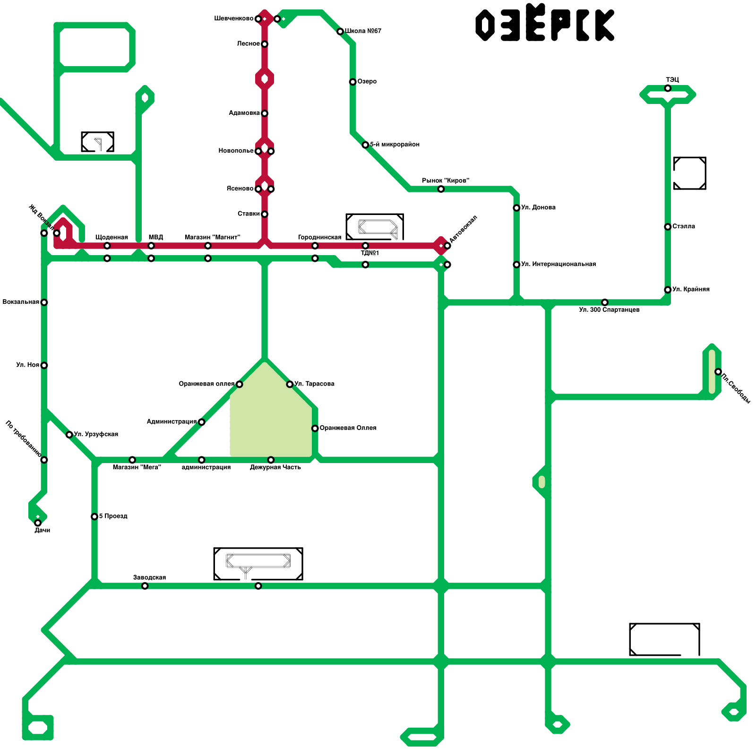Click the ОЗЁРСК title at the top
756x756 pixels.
[544, 24]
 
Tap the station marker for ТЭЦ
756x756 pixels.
[668, 88]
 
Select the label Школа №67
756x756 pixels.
[363, 31]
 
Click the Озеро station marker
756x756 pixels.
[352, 82]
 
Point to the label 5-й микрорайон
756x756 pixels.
[395, 145]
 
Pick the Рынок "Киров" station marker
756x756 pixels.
[441, 189]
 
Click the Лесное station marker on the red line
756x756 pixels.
[265, 44]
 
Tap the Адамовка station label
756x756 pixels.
[244, 113]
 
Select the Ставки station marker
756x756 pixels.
[265, 214]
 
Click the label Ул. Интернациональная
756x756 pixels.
[558, 264]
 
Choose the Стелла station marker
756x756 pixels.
[668, 227]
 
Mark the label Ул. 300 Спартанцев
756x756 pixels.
[609, 310]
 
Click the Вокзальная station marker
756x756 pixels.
[44, 302]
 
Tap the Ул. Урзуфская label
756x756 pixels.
[96, 434]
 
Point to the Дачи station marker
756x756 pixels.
[38, 523]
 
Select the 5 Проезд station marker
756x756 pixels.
[94, 516]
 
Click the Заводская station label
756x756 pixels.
[149, 577]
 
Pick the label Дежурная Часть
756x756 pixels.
[275, 467]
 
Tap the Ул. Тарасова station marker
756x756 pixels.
[290, 384]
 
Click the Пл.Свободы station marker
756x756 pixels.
[718, 372]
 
